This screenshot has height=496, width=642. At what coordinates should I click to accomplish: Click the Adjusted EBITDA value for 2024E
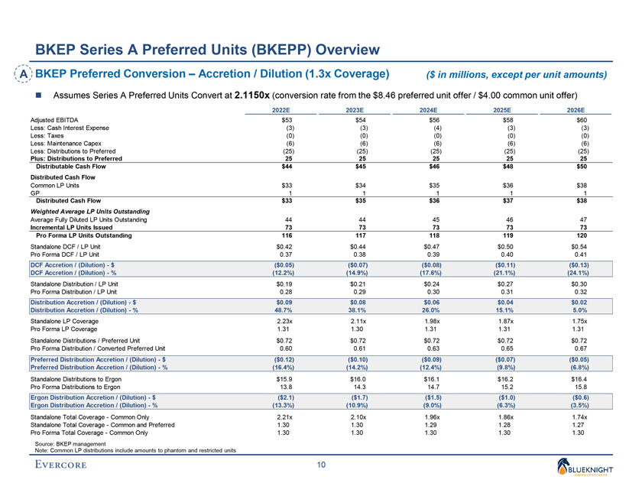point(434,120)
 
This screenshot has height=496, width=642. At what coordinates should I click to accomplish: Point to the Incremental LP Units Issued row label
point(73,227)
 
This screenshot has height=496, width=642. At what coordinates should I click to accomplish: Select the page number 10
point(321,464)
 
